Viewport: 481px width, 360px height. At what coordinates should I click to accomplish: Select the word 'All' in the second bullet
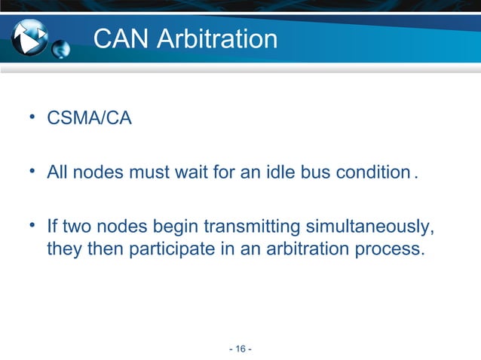(x=58, y=175)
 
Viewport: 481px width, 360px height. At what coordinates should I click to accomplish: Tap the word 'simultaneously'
(x=365, y=227)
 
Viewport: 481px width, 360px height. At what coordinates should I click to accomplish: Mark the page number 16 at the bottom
(x=240, y=348)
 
